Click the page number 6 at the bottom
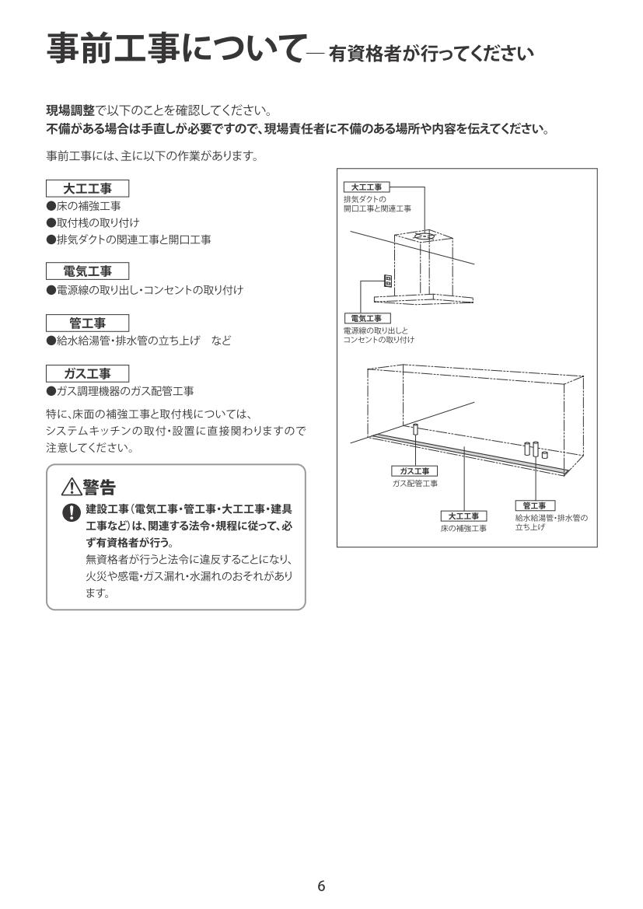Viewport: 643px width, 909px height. tap(321, 886)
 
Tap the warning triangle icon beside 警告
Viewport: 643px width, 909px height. tap(71, 488)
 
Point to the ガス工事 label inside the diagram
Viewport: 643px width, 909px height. tap(414, 471)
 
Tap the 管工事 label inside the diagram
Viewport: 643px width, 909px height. tap(534, 505)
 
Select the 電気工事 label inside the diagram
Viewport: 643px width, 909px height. tap(366, 318)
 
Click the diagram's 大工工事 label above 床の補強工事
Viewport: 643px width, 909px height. tap(463, 516)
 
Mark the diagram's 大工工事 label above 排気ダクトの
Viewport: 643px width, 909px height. tap(366, 187)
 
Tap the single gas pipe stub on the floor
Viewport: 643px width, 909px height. tap(416, 429)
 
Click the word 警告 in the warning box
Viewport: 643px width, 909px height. tap(99, 488)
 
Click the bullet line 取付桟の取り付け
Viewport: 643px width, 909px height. tap(93, 222)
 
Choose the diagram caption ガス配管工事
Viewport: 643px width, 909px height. tap(414, 484)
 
